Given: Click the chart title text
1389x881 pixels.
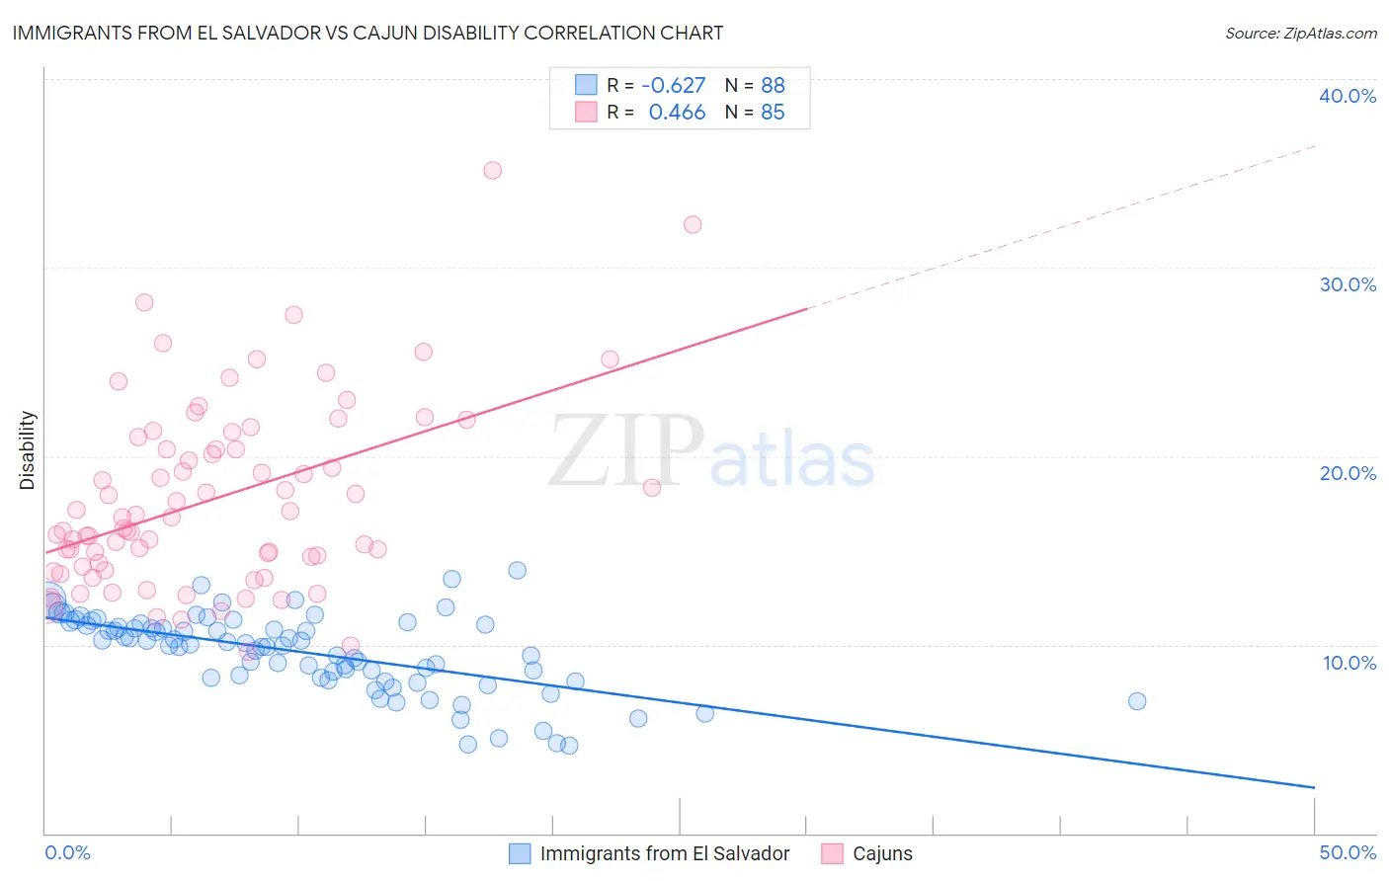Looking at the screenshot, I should (368, 33).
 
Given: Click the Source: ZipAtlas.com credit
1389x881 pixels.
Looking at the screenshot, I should (1300, 33).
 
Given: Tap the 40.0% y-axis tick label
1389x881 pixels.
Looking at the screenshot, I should (1348, 96).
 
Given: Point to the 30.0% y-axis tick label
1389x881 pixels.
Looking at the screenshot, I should (1348, 284).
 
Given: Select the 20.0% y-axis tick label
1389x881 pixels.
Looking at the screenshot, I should (1348, 473).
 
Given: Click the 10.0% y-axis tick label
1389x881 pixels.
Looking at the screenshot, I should (1349, 663).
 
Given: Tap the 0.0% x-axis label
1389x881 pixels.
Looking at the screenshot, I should (67, 852).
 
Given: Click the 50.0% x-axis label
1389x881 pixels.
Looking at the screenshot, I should (1348, 852).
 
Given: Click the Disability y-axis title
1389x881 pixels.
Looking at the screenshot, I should (28, 450).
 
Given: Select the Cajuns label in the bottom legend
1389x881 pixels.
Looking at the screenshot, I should (882, 853).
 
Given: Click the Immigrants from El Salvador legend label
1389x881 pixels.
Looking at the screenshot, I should (665, 853).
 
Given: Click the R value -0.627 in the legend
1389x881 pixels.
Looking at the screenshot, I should (674, 85).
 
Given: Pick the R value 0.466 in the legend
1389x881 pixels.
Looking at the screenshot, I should (677, 113).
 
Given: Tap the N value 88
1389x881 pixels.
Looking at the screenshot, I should (773, 85).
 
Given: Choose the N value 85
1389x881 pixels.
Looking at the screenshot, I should (773, 113).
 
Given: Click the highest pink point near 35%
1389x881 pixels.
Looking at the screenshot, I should (492, 170).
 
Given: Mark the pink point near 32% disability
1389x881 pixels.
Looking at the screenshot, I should (693, 224).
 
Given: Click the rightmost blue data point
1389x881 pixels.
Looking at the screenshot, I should (1137, 701).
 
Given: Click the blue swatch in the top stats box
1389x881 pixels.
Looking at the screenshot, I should (586, 85).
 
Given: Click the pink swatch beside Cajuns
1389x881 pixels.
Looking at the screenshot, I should (833, 853).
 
